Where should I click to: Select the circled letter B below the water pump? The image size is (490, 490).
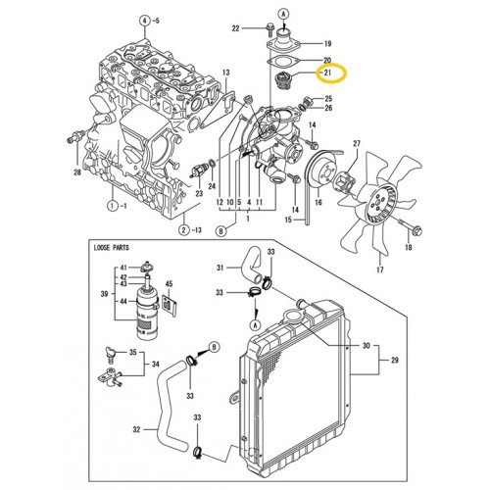(x=221, y=231)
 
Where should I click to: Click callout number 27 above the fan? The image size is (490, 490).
(x=355, y=144)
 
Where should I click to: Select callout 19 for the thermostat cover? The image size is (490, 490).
(x=327, y=44)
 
